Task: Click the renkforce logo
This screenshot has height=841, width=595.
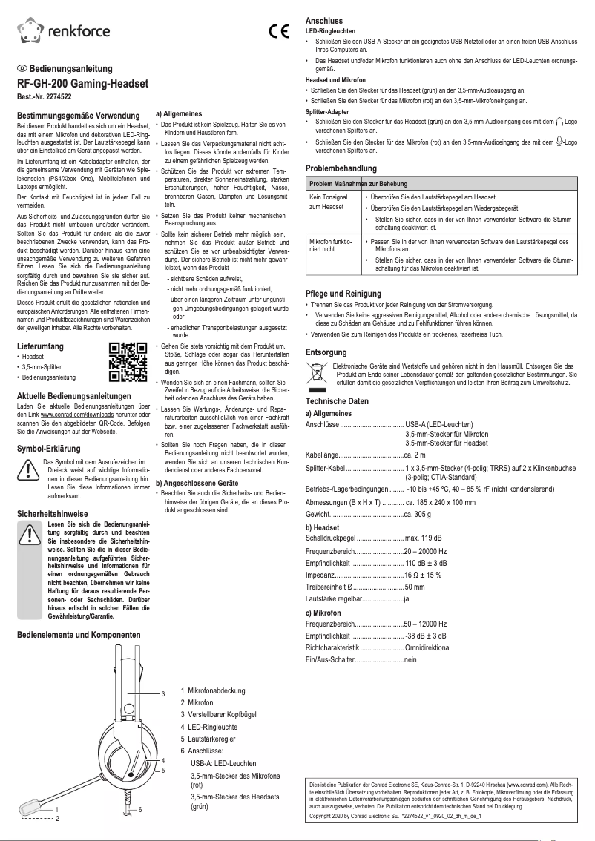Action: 63,30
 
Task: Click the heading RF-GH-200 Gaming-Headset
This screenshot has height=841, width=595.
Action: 82,82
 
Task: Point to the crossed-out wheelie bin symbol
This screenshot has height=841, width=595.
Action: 317,372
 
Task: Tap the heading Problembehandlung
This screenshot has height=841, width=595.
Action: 341,168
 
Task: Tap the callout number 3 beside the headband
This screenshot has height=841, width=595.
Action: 163,693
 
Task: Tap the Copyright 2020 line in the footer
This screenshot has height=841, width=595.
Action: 395,816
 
